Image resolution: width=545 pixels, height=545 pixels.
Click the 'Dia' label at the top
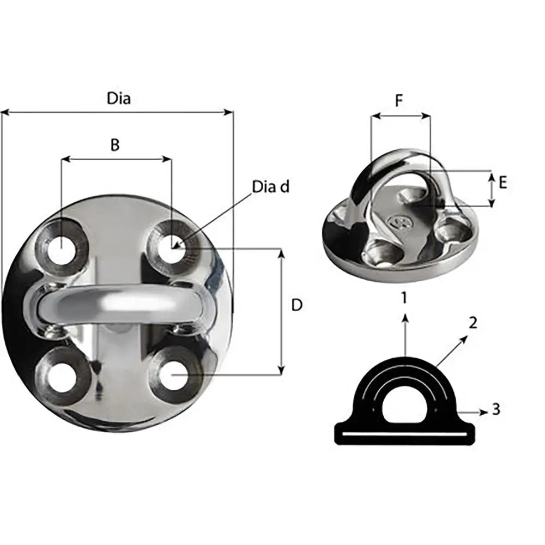pos(119,99)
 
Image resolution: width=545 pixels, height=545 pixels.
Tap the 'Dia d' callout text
pos(270,186)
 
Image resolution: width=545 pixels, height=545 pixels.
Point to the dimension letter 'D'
pos(296,305)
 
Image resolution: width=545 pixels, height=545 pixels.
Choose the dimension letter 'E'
pos(502,183)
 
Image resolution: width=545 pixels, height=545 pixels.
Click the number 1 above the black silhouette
pos(404,298)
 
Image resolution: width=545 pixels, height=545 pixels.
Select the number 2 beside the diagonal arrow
pos(473,323)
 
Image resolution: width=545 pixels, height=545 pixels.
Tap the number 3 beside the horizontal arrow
pos(495,409)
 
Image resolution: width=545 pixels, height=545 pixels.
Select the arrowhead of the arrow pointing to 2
pos(464,339)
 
